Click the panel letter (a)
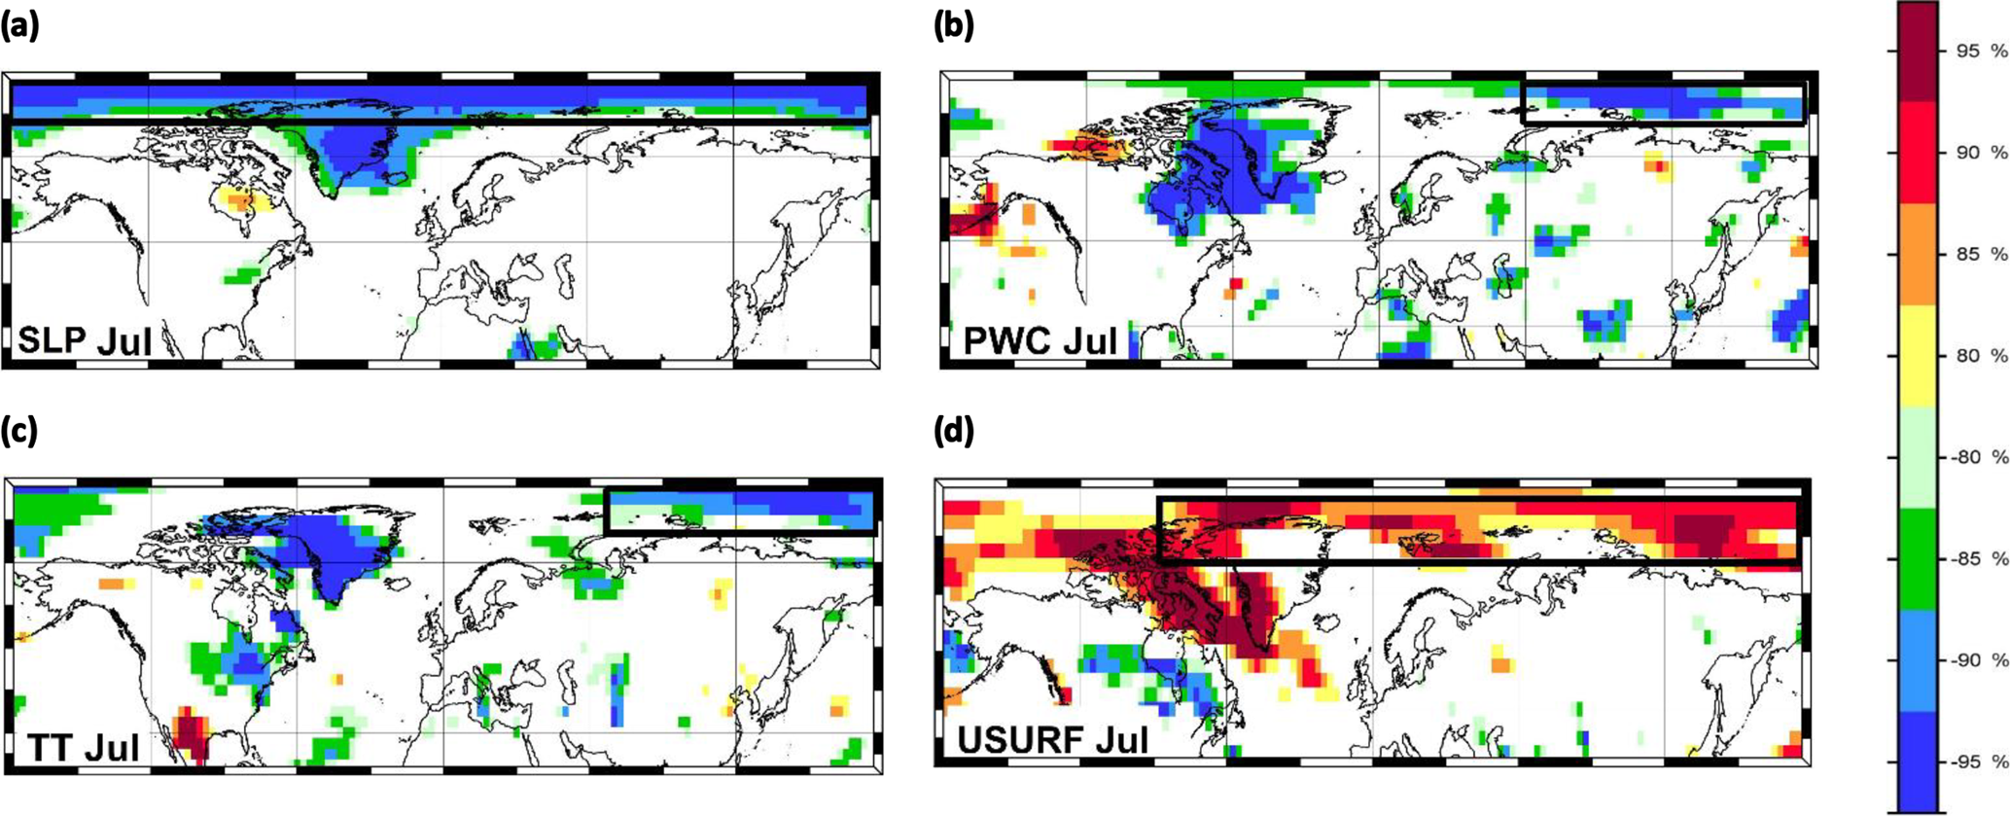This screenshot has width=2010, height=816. point(20,26)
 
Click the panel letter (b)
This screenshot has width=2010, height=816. point(953,26)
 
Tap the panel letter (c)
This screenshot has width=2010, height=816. point(20,431)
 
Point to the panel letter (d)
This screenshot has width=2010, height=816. point(954,431)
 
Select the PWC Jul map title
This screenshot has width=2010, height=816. point(1040,341)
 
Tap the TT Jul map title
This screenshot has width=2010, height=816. point(84,746)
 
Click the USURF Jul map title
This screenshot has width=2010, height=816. point(1052,740)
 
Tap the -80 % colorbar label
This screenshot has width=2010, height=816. point(1979,457)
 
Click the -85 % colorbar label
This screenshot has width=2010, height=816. point(1979,559)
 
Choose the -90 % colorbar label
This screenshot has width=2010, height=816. point(1979,660)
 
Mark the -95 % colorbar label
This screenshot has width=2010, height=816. point(1979,762)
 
